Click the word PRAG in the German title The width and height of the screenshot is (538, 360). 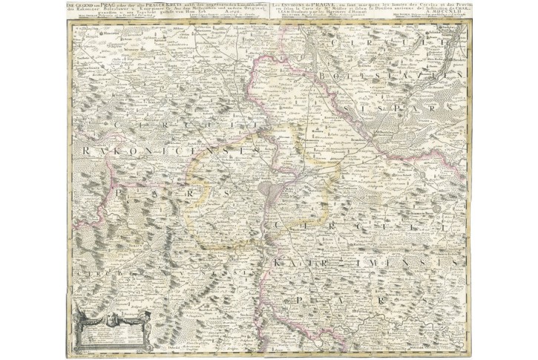pos(113,5)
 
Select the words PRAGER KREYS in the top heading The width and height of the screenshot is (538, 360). pos(156,5)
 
